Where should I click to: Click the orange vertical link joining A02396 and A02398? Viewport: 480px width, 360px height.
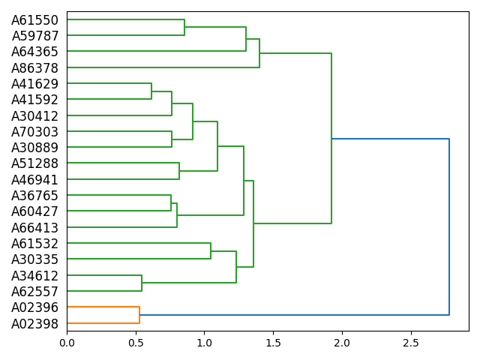139,315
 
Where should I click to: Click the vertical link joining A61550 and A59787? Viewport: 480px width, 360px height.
184,28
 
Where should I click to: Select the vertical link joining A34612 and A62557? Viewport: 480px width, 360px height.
142,283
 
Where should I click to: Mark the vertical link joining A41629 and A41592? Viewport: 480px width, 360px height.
151,91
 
